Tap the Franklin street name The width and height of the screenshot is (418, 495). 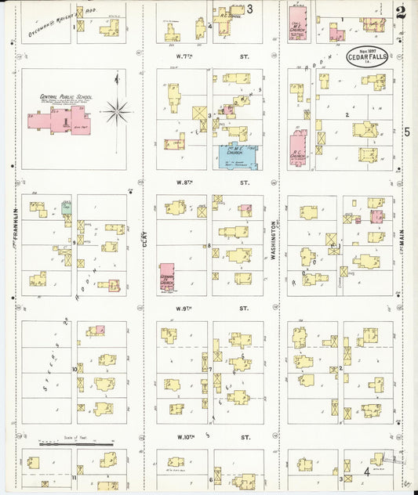pyautogui.click(x=15, y=226)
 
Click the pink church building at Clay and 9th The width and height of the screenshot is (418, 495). pyautogui.click(x=167, y=277)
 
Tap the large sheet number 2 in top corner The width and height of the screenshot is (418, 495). pyautogui.click(x=402, y=12)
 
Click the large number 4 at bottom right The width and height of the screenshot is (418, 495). pyautogui.click(x=366, y=472)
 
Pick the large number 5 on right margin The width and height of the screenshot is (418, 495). pyautogui.click(x=406, y=132)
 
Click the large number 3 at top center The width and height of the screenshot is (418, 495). pyautogui.click(x=250, y=9)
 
